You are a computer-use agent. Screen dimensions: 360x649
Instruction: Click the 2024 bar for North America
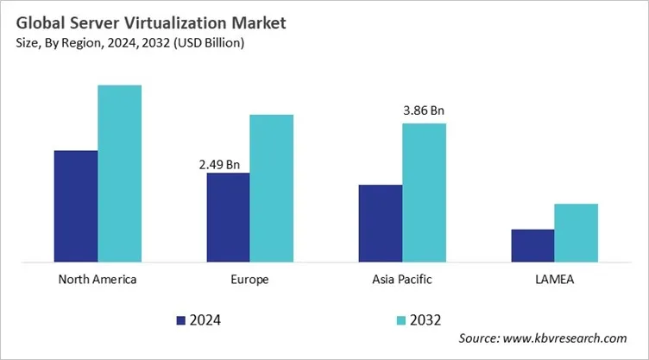(x=76, y=205)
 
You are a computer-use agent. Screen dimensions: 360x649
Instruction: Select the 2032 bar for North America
(x=119, y=173)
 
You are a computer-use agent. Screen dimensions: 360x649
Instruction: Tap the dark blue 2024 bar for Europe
(x=228, y=217)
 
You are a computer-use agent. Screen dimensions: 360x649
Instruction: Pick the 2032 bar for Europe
(x=271, y=187)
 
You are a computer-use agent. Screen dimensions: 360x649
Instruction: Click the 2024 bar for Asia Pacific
(x=380, y=223)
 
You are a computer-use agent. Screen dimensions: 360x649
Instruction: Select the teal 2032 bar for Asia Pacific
(x=424, y=192)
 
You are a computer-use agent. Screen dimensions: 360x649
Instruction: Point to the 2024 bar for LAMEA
(x=532, y=245)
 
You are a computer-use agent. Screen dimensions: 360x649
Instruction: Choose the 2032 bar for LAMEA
(x=576, y=232)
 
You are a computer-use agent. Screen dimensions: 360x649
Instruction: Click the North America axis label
(x=98, y=280)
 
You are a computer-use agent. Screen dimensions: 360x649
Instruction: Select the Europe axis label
(x=249, y=280)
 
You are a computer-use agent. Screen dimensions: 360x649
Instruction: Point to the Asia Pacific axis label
(x=402, y=280)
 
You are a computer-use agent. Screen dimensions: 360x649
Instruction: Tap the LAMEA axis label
(x=554, y=280)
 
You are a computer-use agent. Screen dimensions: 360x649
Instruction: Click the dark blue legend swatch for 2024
(x=181, y=320)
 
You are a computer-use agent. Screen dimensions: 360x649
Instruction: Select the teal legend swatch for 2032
(x=400, y=320)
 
